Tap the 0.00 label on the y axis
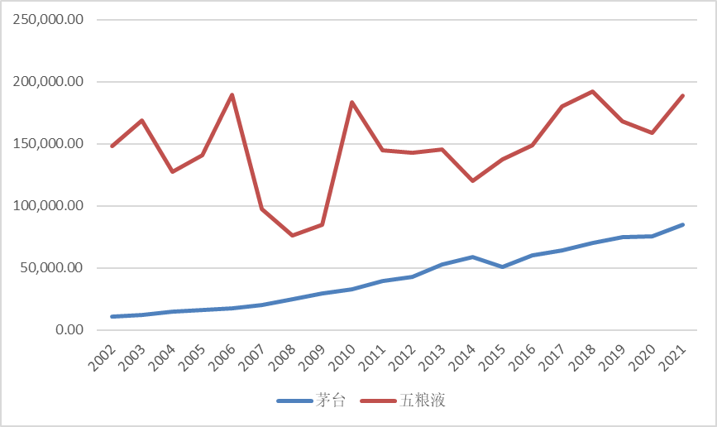65,330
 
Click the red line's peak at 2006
232,94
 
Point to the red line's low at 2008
293,236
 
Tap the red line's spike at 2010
352,103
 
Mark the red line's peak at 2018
593,92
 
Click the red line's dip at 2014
472,180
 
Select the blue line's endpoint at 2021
683,224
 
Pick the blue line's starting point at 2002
112,317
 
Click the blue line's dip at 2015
503,266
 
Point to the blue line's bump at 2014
472,257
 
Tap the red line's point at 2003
142,121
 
